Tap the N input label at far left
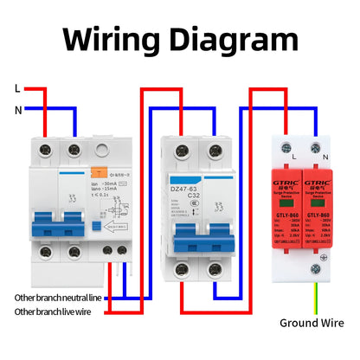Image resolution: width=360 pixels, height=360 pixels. (x=17, y=109)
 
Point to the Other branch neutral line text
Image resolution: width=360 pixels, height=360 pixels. (x=58, y=297)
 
